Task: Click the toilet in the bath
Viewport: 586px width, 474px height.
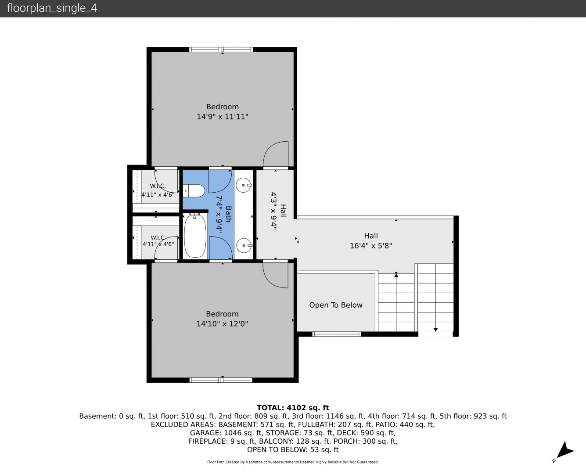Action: point(194,190)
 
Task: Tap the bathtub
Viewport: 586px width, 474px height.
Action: point(195,236)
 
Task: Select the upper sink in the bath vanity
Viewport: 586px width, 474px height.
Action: point(244,185)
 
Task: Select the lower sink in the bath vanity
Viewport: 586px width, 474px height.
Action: point(244,245)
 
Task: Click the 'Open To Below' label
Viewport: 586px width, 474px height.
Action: point(336,305)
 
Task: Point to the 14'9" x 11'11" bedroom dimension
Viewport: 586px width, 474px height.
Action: point(222,117)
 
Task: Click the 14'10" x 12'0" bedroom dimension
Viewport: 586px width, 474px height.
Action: point(222,324)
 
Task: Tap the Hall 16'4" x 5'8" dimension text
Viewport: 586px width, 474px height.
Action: point(371,246)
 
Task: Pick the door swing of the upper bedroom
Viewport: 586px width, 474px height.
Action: point(276,154)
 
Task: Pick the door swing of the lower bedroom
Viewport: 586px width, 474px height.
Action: point(275,275)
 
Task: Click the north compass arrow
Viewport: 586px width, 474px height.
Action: point(564,449)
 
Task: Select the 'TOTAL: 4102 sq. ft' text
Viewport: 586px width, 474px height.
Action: point(293,408)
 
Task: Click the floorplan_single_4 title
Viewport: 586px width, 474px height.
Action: point(52,8)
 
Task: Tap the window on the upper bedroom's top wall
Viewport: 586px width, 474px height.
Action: point(221,50)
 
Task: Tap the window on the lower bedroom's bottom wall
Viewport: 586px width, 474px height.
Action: point(221,380)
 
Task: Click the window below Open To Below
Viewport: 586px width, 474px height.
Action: point(337,334)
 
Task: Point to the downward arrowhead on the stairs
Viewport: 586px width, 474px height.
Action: point(435,330)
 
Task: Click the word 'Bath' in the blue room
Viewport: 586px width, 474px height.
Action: point(228,214)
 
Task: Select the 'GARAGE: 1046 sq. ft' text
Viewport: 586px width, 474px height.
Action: point(226,433)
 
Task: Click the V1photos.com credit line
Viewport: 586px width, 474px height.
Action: point(293,462)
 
